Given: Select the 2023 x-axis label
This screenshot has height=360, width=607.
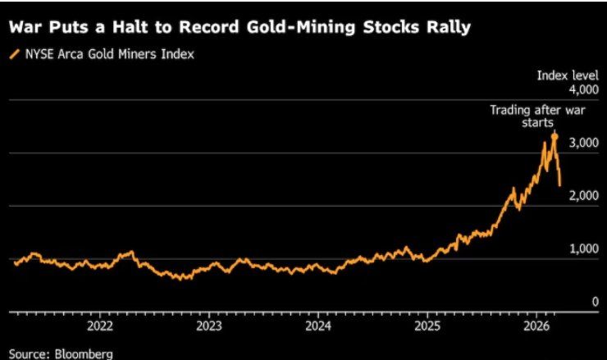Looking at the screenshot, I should (x=208, y=325).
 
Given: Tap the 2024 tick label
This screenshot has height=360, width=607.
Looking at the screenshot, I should (x=317, y=325).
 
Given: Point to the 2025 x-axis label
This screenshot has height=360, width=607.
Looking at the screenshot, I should (x=427, y=325).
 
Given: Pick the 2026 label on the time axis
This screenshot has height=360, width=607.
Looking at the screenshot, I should (x=536, y=325).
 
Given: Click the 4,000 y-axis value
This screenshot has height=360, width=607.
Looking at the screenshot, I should (x=584, y=89).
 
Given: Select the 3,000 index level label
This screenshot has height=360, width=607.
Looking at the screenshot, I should (x=584, y=143).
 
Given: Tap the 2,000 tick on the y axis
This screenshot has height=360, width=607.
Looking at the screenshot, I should (x=584, y=196).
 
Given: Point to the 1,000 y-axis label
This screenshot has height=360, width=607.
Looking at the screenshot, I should (x=584, y=249).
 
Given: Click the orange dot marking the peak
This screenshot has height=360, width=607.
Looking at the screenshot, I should (x=554, y=136).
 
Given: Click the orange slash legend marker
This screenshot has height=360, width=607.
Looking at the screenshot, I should (x=12, y=54).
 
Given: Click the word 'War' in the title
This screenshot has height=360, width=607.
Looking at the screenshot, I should (x=27, y=27).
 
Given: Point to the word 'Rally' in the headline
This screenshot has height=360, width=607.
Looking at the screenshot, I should (x=448, y=27).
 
